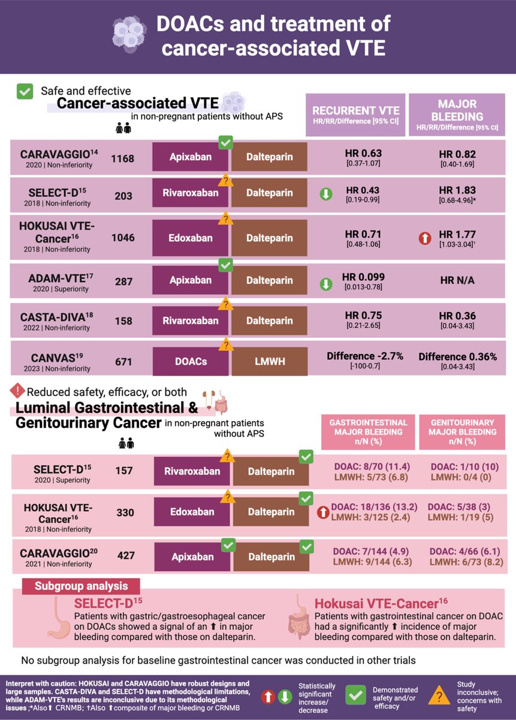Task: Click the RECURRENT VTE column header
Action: click(x=356, y=114)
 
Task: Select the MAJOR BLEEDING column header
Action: click(x=457, y=114)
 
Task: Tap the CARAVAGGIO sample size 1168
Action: click(x=123, y=159)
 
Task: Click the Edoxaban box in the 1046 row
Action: click(x=191, y=238)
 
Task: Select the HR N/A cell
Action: click(x=457, y=280)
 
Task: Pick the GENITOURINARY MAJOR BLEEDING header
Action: click(x=463, y=431)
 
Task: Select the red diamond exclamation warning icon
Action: click(x=16, y=391)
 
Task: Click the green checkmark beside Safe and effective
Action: click(x=25, y=91)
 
